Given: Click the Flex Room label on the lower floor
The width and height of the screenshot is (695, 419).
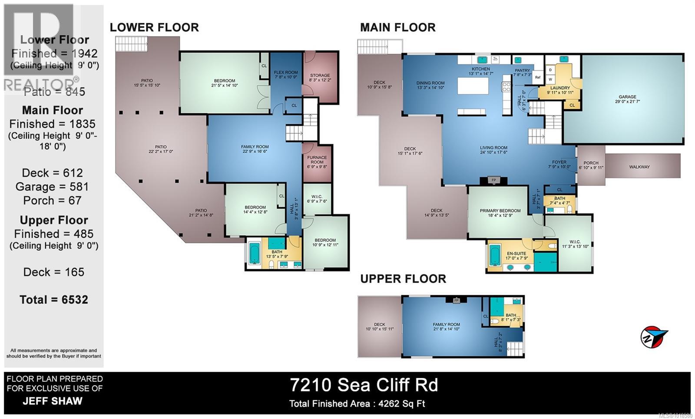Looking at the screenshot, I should (286, 75).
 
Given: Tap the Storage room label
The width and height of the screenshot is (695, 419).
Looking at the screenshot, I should (319, 78).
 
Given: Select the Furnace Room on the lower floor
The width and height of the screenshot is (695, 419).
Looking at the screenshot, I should (317, 160).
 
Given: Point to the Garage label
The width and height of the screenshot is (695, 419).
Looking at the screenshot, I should (627, 99).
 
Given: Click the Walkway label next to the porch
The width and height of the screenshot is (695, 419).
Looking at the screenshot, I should (639, 167).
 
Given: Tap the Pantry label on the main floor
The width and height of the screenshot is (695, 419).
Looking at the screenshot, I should (522, 73).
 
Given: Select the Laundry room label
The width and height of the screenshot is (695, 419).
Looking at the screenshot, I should (560, 90).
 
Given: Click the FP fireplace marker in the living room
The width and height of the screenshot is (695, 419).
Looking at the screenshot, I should (493, 180).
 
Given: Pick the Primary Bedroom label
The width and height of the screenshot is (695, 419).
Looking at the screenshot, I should (500, 213).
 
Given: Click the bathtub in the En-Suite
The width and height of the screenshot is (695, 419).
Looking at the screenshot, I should (495, 255).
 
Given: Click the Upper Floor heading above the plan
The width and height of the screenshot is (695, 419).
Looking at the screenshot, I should (403, 279).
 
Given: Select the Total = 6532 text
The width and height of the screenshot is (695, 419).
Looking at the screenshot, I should (54, 300).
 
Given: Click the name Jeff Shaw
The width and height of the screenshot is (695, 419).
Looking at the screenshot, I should (52, 401).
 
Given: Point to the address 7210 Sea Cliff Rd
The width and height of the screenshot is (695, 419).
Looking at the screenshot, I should (364, 385).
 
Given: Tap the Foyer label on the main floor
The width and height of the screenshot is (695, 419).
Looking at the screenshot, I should (559, 164).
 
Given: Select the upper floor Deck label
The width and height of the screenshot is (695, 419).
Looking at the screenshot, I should (379, 327).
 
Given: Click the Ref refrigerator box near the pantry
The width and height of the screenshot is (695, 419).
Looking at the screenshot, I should (538, 77).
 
